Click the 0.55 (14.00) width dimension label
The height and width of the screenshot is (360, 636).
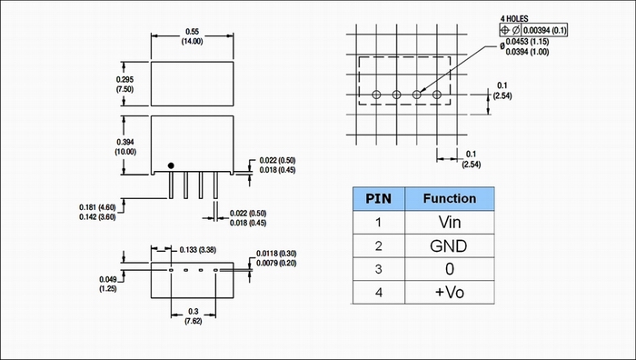[192, 36]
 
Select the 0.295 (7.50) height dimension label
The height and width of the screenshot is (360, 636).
[124, 85]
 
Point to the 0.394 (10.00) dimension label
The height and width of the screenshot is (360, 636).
[125, 147]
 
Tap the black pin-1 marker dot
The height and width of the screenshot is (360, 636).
[171, 165]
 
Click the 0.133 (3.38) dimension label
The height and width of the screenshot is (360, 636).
[197, 250]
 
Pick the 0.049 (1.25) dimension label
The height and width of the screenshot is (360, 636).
[108, 285]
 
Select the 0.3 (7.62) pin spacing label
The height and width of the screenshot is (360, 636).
[193, 316]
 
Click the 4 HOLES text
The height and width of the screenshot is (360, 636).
[514, 19]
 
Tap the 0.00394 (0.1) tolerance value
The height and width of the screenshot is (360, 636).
[545, 30]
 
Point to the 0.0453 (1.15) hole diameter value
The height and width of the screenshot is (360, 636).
[527, 42]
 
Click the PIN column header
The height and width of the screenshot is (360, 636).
[379, 199]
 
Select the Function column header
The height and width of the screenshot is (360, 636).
[450, 198]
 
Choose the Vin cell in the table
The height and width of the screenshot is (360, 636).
[450, 222]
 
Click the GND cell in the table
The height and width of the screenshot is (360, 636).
[449, 245]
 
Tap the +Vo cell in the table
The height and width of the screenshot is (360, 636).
[450, 292]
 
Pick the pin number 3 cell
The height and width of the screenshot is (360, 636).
[379, 269]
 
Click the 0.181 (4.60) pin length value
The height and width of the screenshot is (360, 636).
[97, 207]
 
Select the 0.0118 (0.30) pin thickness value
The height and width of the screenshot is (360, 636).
[276, 254]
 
